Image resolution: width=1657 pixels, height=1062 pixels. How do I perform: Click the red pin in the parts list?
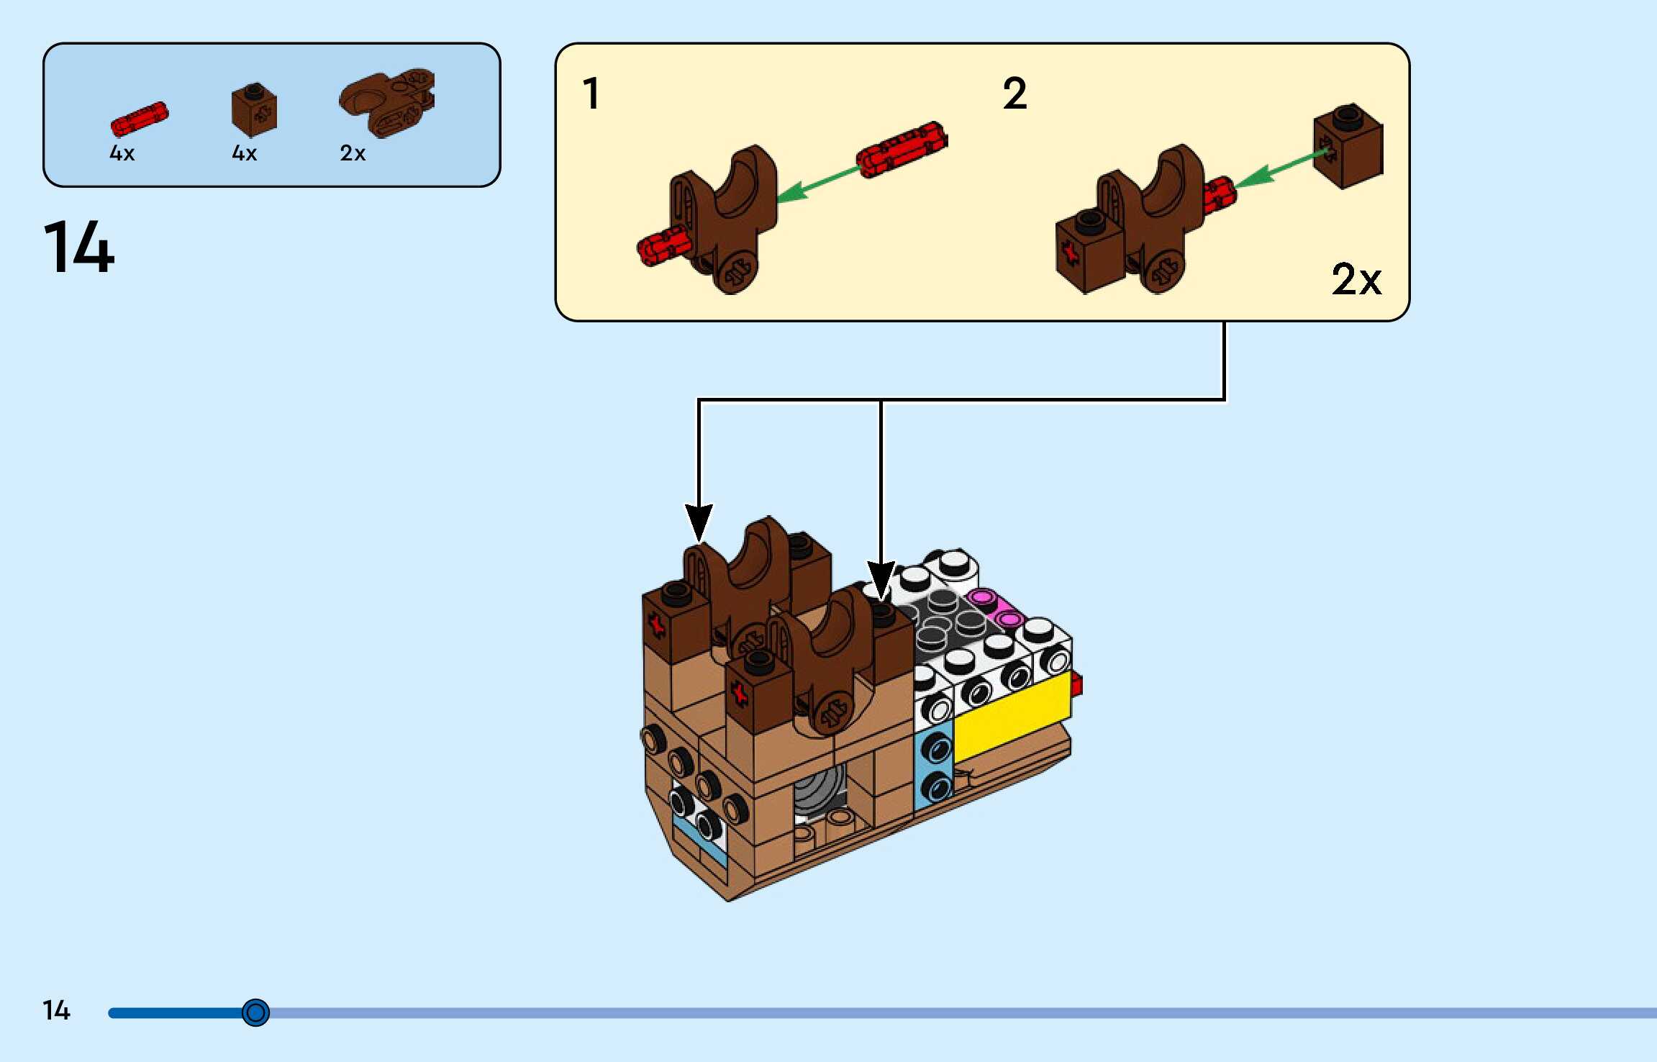point(139,119)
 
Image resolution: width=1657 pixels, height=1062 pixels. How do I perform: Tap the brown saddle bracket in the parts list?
point(388,102)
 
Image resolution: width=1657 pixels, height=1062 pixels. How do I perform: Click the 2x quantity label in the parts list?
point(353,153)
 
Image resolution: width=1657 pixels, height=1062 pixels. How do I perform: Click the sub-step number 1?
point(591,94)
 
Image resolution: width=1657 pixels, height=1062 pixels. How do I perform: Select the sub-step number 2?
point(1014,94)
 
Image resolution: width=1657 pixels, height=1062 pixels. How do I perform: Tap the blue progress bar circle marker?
point(255,1012)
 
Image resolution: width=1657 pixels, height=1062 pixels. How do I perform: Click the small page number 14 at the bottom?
point(56,1010)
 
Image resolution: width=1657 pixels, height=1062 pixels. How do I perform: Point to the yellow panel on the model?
point(1012,717)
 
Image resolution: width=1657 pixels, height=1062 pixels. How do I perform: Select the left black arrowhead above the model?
point(698,522)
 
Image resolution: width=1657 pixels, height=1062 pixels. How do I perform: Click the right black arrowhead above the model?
point(881,580)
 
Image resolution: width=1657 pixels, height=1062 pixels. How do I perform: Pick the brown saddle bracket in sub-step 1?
point(723,216)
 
